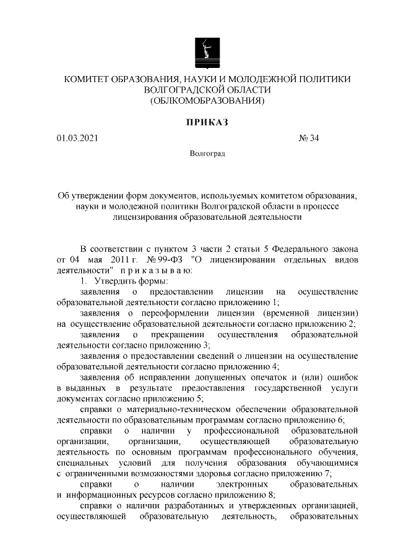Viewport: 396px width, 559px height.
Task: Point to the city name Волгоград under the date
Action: pos(207,153)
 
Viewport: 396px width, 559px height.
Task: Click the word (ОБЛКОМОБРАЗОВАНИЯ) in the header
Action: pos(207,101)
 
